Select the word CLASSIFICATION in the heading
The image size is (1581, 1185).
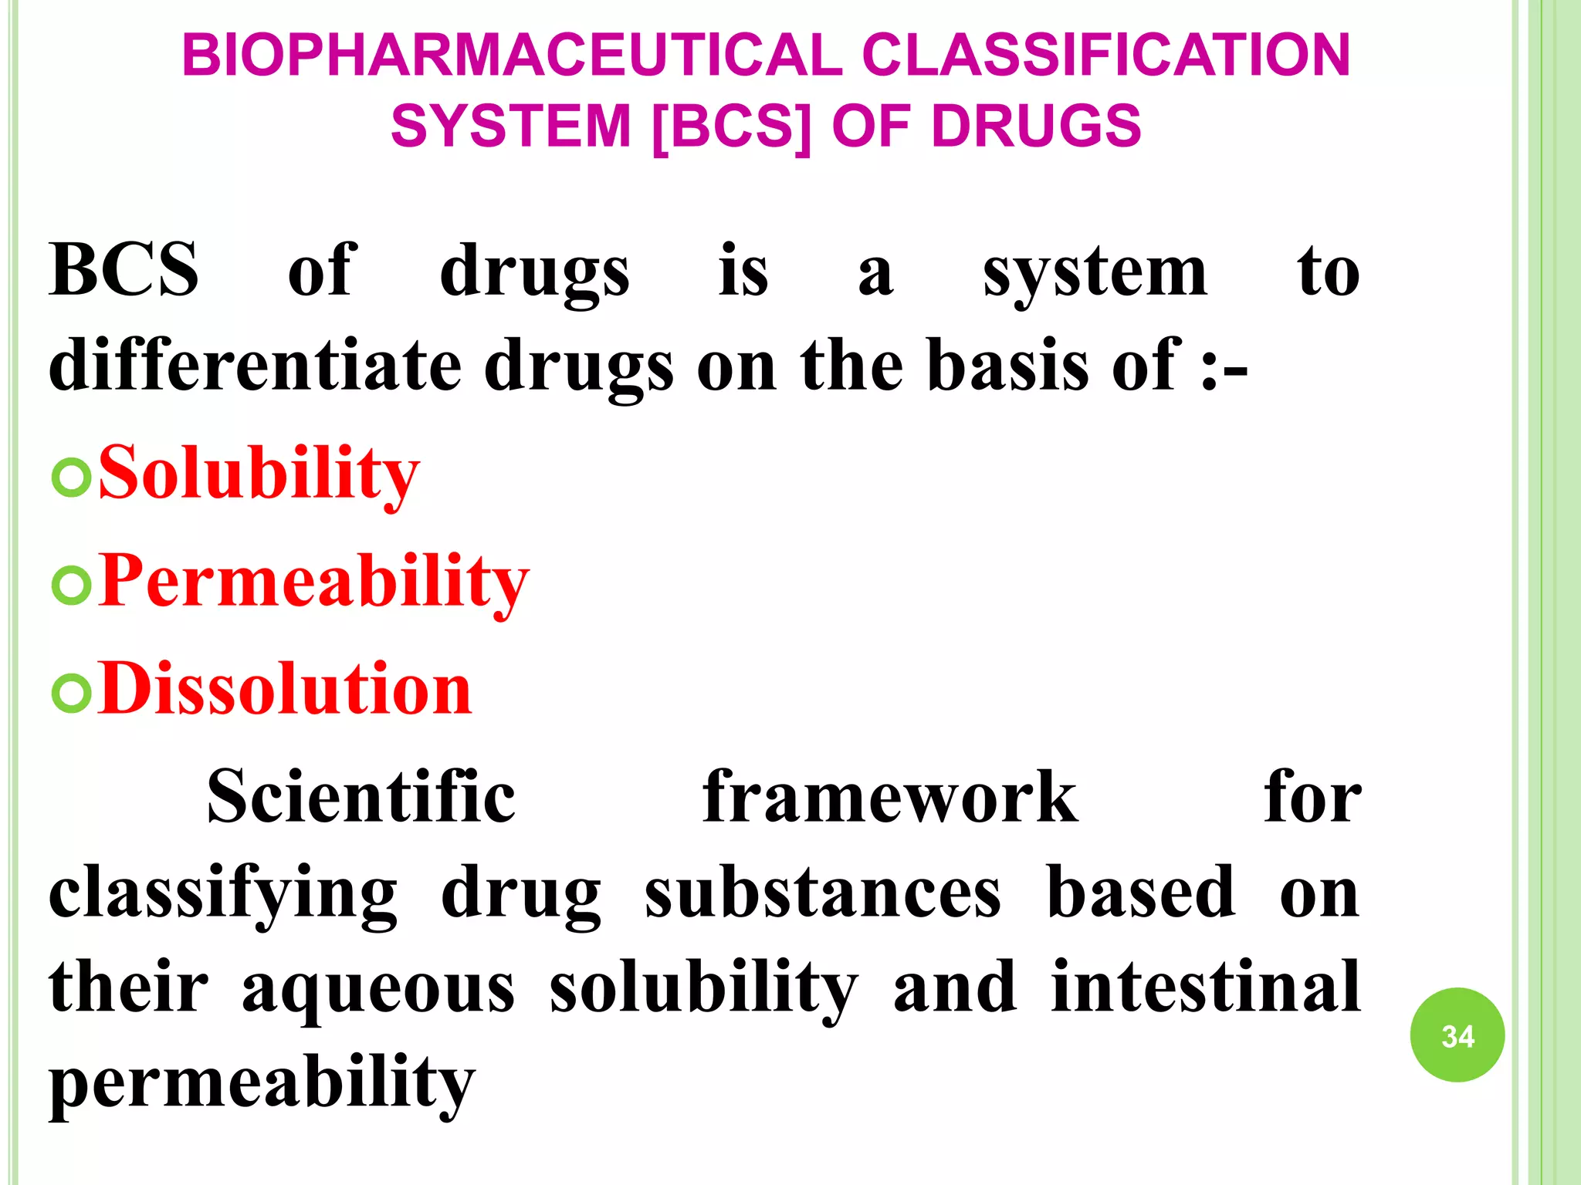pos(1105,56)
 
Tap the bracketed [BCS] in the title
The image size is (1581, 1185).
pos(732,127)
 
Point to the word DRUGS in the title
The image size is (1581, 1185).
pos(1036,127)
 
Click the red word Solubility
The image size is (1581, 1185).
pos(259,473)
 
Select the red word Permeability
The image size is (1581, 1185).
pos(313,581)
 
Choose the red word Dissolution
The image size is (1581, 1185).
pos(285,688)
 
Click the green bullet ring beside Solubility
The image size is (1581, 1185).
pos(71,477)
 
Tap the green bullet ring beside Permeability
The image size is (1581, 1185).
pos(71,585)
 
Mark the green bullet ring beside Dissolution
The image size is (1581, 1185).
pos(71,692)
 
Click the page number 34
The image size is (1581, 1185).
pos(1457,1035)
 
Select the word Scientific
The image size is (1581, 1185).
pos(361,797)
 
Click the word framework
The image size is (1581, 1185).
pos(889,797)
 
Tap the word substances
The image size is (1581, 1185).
pos(822,893)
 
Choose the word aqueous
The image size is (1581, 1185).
pos(378,990)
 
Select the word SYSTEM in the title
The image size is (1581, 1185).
pos(511,127)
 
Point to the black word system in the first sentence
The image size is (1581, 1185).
pos(1095,272)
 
